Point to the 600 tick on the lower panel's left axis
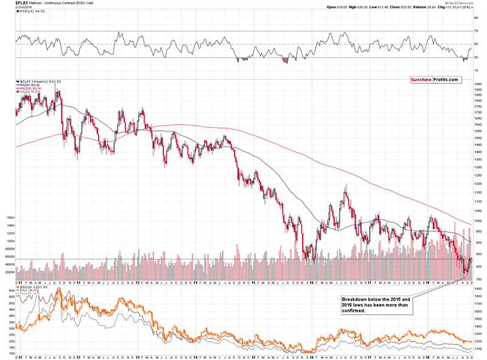point(10,290)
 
